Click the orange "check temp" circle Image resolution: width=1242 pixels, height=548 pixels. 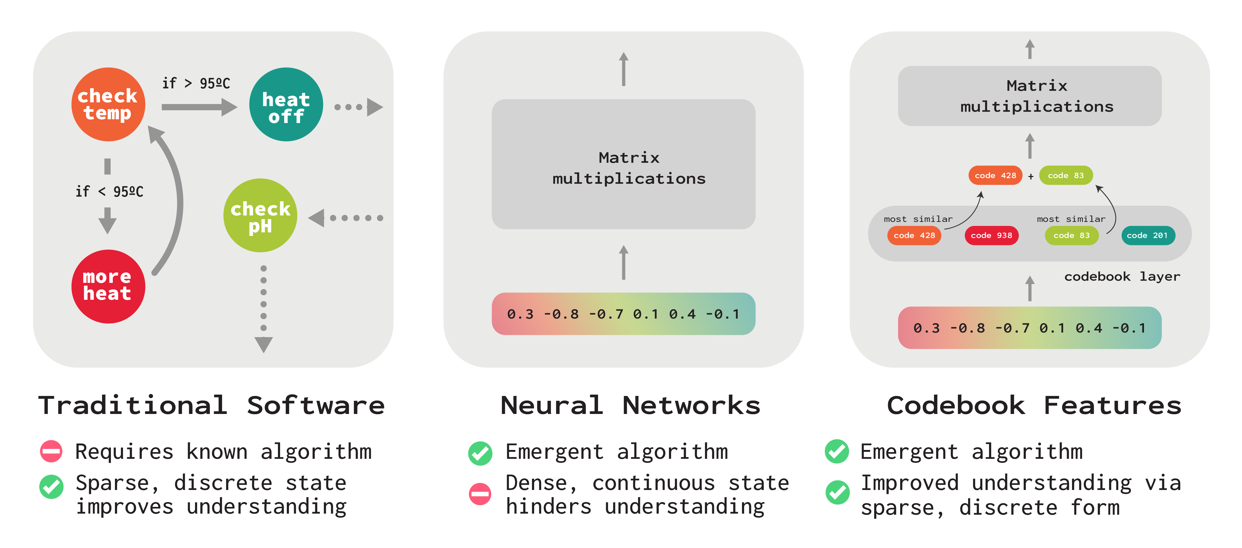pos(108,104)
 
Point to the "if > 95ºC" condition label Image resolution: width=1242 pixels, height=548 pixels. pos(196,84)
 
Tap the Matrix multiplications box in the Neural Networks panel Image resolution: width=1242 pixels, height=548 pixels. pos(623,164)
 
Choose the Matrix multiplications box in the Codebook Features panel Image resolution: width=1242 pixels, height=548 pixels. pos(1029,96)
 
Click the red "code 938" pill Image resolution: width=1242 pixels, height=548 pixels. pos(991,235)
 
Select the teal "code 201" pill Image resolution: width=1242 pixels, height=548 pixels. pos(1148,235)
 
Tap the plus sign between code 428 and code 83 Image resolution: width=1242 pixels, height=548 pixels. pos(1030,176)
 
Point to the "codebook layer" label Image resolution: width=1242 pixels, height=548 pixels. pos(1122,276)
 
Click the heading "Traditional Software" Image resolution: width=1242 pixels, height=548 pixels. pos(211,405)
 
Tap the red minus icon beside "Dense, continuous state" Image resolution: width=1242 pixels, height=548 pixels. pos(480,493)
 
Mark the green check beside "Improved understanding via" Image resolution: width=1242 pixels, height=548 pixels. pos(838,492)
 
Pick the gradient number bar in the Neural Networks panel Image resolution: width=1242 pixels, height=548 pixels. pos(623,314)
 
